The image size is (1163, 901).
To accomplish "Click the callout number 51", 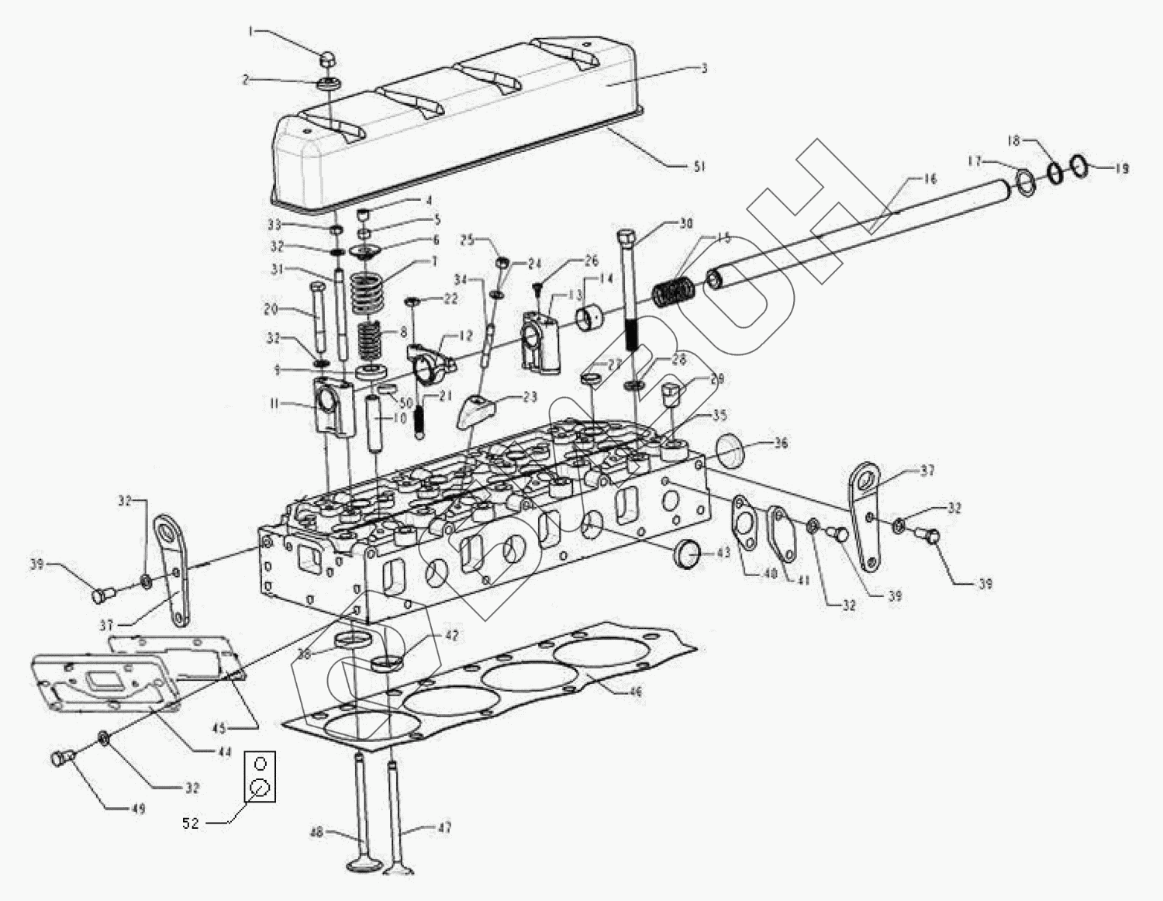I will (x=699, y=167).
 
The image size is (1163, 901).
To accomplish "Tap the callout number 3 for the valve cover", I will (x=704, y=68).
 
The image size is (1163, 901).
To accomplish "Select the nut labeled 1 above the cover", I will (x=327, y=58).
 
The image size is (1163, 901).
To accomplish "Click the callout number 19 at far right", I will (x=1122, y=168).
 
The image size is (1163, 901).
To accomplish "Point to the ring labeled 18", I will (x=1055, y=172).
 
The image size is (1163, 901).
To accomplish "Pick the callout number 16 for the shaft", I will (x=930, y=179).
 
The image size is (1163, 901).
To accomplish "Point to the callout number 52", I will (x=191, y=823).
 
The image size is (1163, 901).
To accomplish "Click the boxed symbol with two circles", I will (x=261, y=776).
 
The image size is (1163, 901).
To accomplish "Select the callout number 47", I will (x=444, y=828).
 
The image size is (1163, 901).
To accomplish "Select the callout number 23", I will (x=530, y=397).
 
